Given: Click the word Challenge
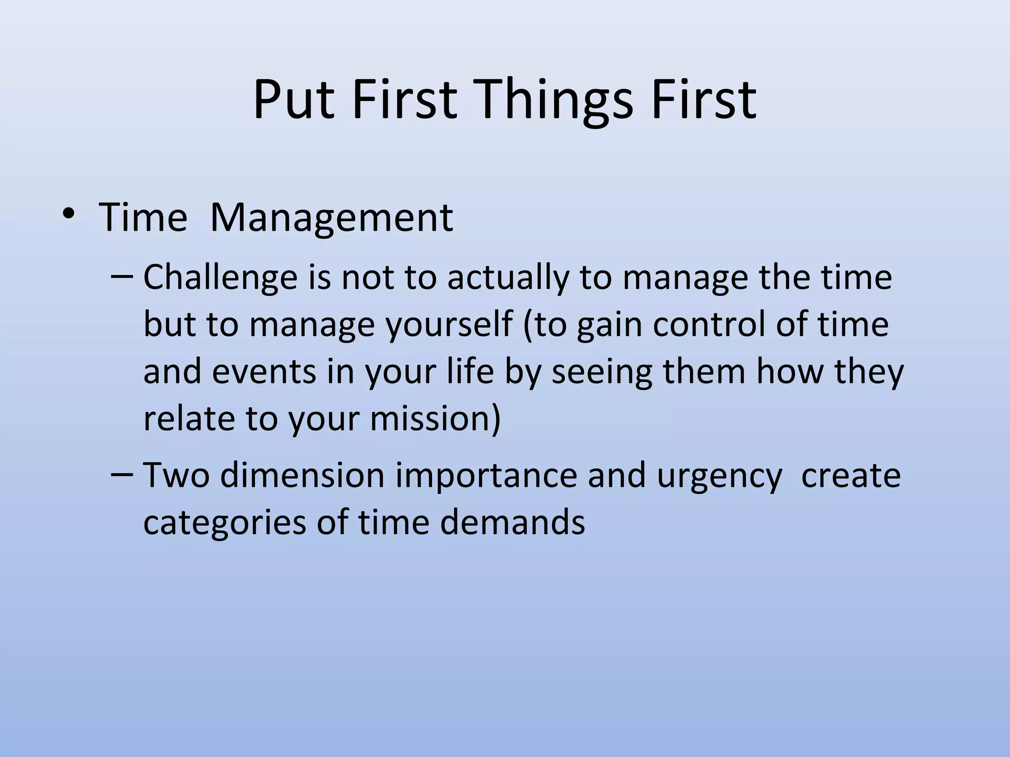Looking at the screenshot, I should click(x=220, y=278).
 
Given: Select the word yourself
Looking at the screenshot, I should click(x=449, y=325).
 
